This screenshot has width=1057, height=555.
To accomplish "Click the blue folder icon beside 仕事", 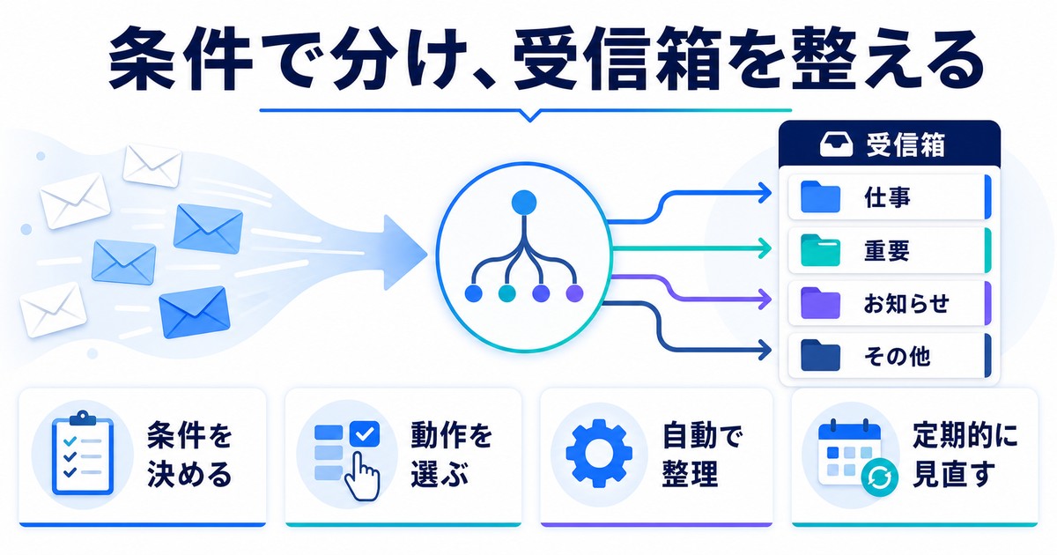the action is tap(820, 196).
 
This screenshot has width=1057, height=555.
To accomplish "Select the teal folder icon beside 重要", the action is tap(820, 249).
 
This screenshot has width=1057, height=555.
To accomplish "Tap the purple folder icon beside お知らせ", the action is tap(820, 302).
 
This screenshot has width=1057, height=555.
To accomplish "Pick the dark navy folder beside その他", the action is tap(820, 355).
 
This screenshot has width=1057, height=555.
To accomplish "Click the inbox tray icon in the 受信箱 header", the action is tap(836, 144).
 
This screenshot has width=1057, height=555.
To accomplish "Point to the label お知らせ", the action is tap(906, 303).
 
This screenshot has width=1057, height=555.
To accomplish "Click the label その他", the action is tap(897, 356).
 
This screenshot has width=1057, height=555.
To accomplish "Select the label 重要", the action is tap(887, 250).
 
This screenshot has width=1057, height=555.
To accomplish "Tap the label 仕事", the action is tap(887, 196).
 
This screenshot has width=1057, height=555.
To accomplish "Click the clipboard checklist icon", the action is tap(83, 453).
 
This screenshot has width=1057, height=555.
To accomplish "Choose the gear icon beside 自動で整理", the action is tap(599, 454).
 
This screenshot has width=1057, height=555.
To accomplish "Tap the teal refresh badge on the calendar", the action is tap(879, 477).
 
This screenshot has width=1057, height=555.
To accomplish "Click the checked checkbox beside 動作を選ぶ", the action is tap(365, 433).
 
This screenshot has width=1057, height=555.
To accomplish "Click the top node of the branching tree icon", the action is tap(524, 203).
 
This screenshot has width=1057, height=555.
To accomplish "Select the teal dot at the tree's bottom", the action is tap(506, 293).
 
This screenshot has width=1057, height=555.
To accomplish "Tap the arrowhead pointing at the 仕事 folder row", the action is tap(765, 193).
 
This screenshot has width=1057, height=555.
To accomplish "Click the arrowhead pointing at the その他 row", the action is tap(765, 351).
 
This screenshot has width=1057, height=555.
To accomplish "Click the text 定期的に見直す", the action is tap(965, 455).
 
